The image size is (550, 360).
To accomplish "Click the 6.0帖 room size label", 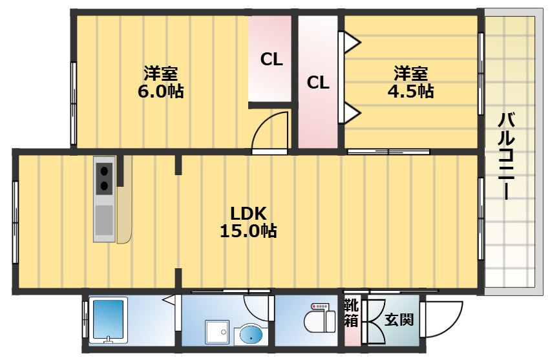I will click(160, 91).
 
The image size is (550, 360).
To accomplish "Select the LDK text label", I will click(249, 213).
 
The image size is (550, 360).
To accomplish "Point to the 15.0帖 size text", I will click(249, 231).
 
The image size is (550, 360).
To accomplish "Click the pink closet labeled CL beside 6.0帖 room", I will click(271, 59).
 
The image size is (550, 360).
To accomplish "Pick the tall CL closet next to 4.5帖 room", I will click(318, 83).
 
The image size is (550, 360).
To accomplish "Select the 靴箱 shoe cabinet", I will click(351, 313).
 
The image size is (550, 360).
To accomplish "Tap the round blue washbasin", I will click(251, 335).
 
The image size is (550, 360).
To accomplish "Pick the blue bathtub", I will click(110, 320).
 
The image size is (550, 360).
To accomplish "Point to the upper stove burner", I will click(104, 171).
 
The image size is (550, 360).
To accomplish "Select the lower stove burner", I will click(104, 187).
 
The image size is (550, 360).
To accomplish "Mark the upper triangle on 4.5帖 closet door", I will click(351, 43).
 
